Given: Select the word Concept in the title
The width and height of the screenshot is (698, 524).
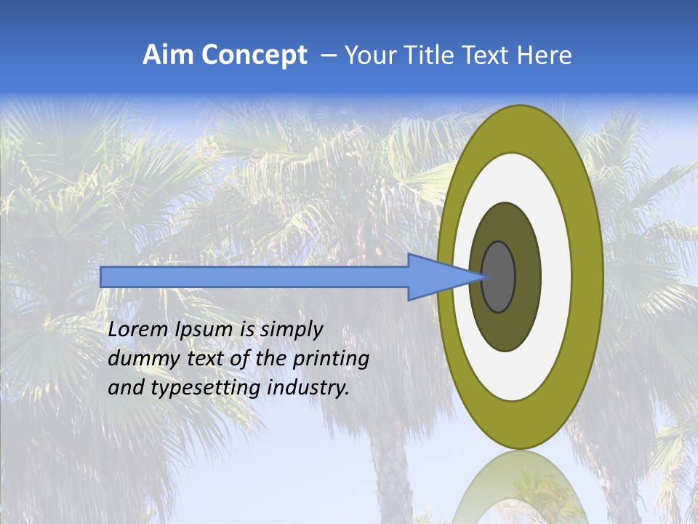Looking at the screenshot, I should coord(253,55).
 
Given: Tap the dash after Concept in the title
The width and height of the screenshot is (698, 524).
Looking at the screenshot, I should coord(328,56).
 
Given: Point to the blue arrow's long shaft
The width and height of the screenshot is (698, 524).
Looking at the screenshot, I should coord(254,277).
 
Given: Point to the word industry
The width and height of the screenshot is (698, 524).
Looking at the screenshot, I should coord(308,389).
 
